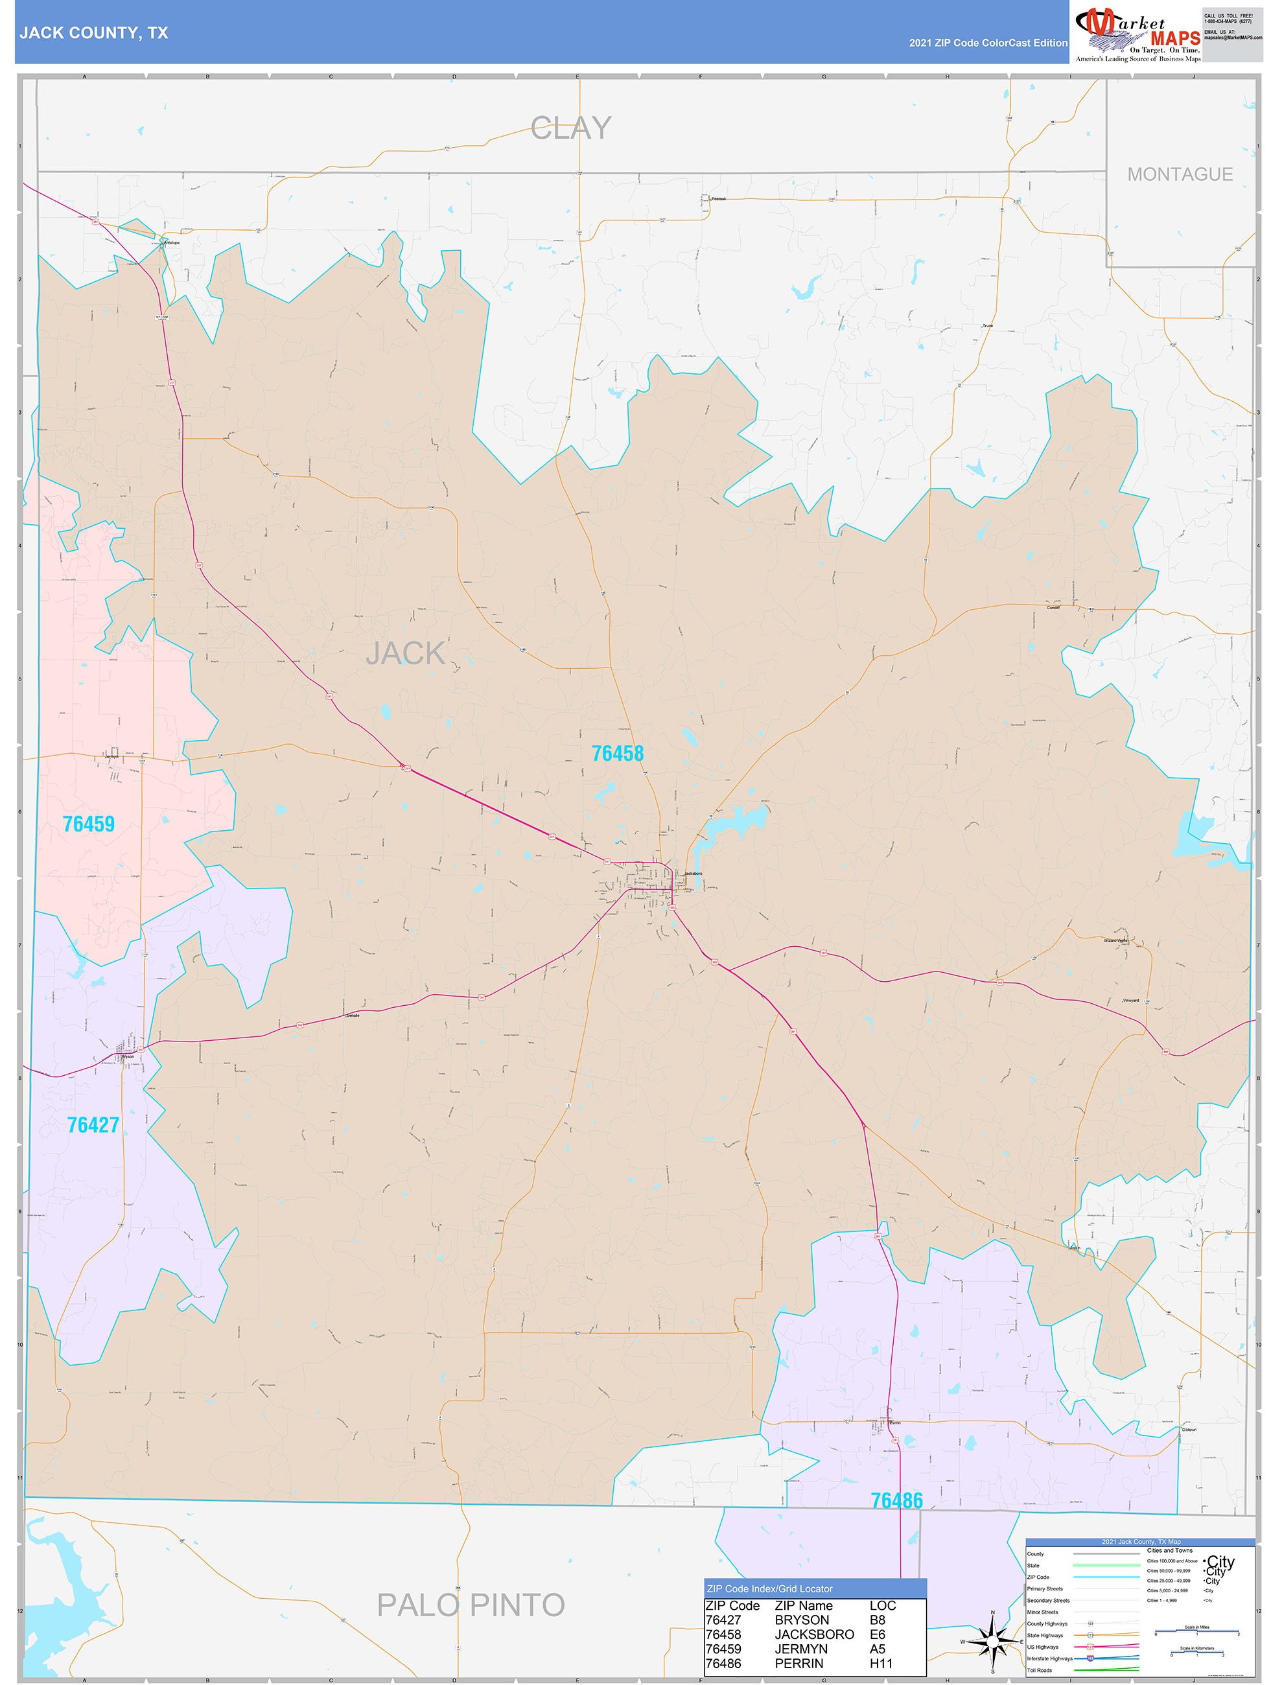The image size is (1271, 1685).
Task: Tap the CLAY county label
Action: pos(571,128)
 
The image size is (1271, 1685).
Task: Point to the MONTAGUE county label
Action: pos(1180,174)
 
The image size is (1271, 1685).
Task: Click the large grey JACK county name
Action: pos(404,653)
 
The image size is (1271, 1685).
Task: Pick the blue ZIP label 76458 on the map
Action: pos(617,753)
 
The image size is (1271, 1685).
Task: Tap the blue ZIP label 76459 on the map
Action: pos(88,824)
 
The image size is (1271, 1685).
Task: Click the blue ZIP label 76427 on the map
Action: pos(93,1125)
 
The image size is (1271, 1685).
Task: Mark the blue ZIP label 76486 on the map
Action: pos(896,1501)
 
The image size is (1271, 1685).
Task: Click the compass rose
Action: pos(992,1641)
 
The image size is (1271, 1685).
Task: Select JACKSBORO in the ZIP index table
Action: pos(814,1634)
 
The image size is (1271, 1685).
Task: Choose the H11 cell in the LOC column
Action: pos(880,1663)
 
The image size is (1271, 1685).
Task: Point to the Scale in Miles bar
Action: pos(1196,1633)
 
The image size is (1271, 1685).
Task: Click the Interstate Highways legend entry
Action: pos(1049,1658)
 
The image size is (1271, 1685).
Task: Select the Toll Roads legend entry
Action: pos(1040,1669)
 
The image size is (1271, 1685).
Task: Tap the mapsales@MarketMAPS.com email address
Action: pos(1232,38)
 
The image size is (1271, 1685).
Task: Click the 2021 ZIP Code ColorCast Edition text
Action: pos(988,43)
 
